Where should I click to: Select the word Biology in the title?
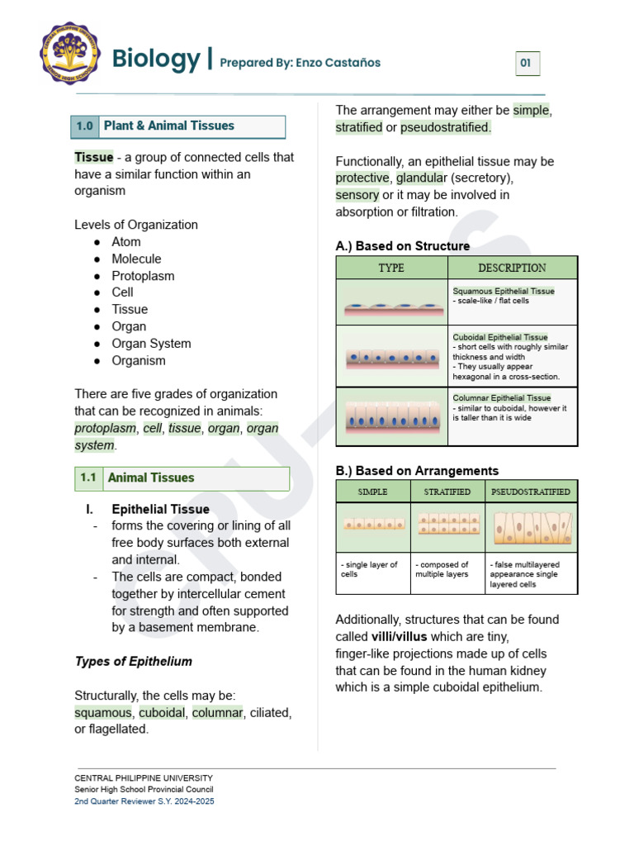coord(155,59)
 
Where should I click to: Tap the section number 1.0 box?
coord(85,126)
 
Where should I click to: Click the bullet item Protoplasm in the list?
coord(143,276)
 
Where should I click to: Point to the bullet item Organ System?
coord(151,344)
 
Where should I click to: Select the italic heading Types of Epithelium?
coord(133,661)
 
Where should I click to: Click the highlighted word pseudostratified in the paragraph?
coord(445,127)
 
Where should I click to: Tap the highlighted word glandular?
coord(421,178)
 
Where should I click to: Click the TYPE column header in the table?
coord(391,268)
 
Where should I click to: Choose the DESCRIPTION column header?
coord(512,268)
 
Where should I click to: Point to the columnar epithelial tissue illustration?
coord(391,416)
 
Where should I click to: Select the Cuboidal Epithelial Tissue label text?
coord(499,337)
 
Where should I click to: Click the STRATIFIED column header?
coord(447,492)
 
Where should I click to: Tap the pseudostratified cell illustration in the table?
coord(531,526)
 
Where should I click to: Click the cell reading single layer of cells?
coord(372,570)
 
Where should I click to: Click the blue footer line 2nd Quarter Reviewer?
coord(144,801)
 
